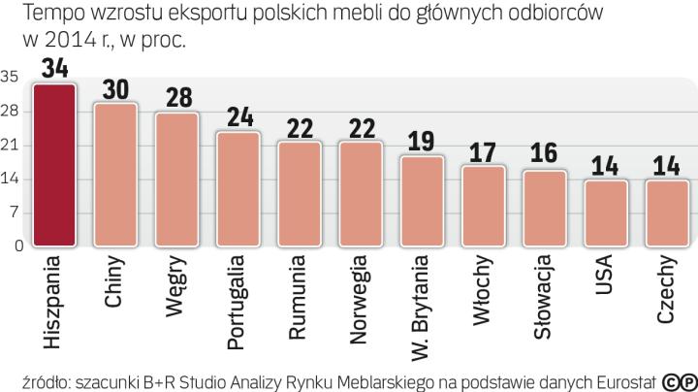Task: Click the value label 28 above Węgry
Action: [176, 98]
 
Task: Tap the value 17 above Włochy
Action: [483, 152]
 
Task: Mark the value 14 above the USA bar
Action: [605, 166]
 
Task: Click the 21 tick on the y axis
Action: [12, 146]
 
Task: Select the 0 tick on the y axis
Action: [16, 246]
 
